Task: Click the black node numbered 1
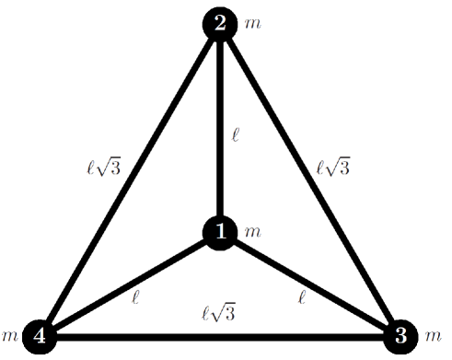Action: point(220,232)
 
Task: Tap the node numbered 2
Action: point(220,24)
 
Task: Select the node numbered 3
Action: point(400,336)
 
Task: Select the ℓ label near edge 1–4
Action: point(136,297)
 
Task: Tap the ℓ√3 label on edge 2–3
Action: point(333,168)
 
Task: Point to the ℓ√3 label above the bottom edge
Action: point(219,313)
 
